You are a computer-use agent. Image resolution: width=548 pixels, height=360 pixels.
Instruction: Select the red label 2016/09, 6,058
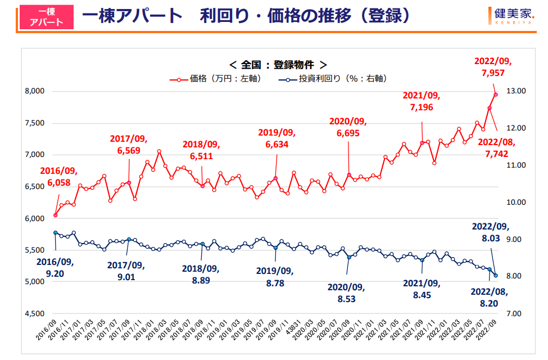[58, 176]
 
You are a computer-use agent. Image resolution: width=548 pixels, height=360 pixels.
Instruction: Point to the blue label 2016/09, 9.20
[55, 267]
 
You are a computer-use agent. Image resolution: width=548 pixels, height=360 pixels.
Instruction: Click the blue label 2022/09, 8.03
[490, 233]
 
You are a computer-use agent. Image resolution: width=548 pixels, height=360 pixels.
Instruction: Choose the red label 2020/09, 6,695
[347, 127]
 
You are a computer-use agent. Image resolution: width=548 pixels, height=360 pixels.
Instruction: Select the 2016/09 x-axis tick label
[47, 334]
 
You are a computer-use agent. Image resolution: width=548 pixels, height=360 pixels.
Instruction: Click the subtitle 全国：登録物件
[278, 64]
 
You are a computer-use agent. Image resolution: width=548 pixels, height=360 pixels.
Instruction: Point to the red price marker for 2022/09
[496, 94]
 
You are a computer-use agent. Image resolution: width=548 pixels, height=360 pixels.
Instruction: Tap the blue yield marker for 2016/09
[55, 232]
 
